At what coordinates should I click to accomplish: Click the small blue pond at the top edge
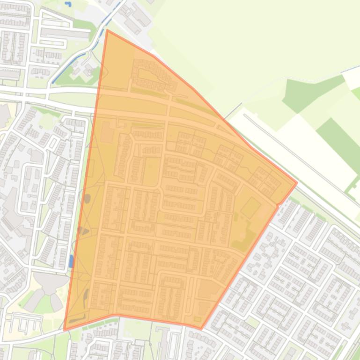pos(69,4)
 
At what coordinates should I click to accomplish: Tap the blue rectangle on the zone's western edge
pos(71,261)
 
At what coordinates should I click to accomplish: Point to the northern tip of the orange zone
pos(107,30)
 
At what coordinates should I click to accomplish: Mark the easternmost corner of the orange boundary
pos(297,183)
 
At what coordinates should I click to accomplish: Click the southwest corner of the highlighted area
pos(64,330)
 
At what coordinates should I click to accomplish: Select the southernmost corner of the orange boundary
pos(201,329)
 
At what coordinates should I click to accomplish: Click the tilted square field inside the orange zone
pos(251,207)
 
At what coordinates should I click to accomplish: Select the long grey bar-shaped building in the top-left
pos(65,33)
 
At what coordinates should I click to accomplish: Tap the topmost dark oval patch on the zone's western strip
pos(87,199)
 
